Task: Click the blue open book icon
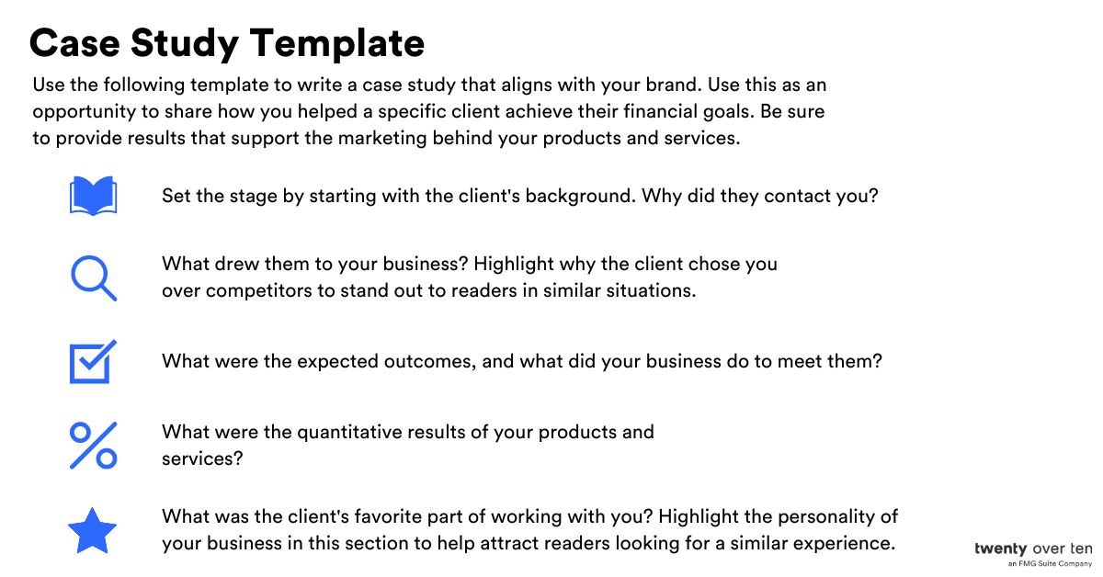pyautogui.click(x=93, y=196)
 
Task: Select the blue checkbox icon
pyautogui.click(x=93, y=361)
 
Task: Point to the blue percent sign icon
pyautogui.click(x=93, y=445)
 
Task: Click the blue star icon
pyautogui.click(x=92, y=531)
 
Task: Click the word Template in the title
pyautogui.click(x=337, y=44)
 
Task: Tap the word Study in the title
pyautogui.click(x=185, y=44)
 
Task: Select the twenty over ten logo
pyautogui.click(x=1033, y=549)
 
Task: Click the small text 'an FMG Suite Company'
pyautogui.click(x=1050, y=563)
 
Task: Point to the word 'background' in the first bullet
pyautogui.click(x=580, y=196)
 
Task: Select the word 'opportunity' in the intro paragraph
pyautogui.click(x=84, y=112)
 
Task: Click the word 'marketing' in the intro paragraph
pyautogui.click(x=382, y=139)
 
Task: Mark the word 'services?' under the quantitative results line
pyautogui.click(x=202, y=458)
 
